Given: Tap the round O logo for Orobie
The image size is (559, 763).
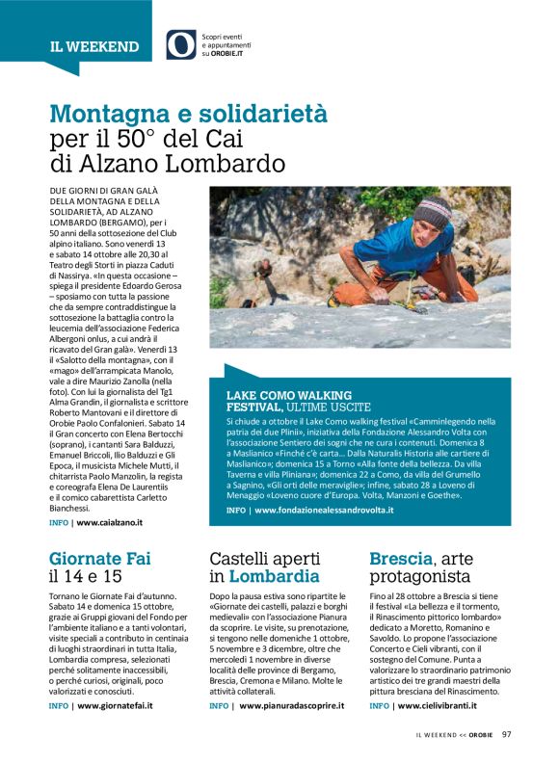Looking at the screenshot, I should (180, 44).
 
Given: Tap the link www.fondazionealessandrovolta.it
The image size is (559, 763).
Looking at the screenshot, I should (323, 510).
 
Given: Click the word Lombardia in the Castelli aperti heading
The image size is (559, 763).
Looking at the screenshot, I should (274, 577).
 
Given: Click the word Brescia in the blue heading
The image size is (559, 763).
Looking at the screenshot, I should (400, 558).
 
